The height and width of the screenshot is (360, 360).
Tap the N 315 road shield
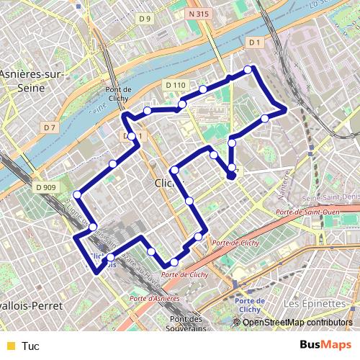click(x=210, y=14)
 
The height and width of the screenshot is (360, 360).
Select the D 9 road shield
click(x=147, y=18)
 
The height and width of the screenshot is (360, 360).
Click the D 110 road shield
click(x=175, y=85)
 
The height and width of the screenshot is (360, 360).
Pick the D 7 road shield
click(x=49, y=127)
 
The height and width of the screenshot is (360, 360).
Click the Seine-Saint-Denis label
click(x=332, y=198)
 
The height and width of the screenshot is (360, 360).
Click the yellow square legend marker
click(x=9, y=346)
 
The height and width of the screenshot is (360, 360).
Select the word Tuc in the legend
click(x=31, y=346)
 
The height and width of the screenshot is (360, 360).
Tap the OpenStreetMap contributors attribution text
click(x=297, y=322)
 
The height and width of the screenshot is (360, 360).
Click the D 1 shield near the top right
click(x=253, y=43)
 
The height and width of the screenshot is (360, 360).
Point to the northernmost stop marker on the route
click(x=248, y=69)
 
